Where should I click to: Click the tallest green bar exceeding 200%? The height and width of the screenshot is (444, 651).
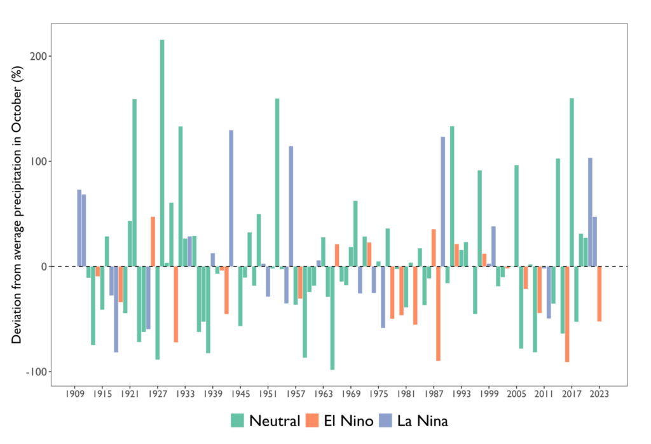(x=162, y=153)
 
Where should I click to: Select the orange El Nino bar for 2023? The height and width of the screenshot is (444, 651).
(x=600, y=293)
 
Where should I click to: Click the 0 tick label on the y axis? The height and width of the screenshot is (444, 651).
(x=45, y=267)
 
